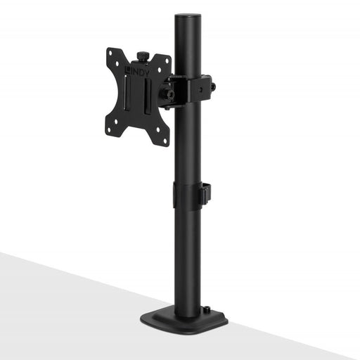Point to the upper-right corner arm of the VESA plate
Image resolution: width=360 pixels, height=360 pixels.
pyautogui.click(x=166, y=63)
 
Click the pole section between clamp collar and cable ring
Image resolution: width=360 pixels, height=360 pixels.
pyautogui.click(x=186, y=141)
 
